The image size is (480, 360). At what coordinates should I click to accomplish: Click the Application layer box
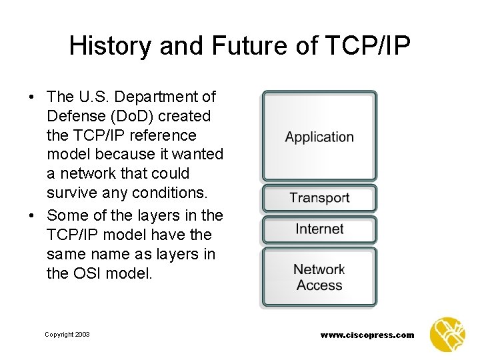coord(319,137)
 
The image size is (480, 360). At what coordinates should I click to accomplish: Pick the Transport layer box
coord(319,198)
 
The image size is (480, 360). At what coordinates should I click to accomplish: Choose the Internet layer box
coord(319,229)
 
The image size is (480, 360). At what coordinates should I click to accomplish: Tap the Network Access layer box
coord(319,277)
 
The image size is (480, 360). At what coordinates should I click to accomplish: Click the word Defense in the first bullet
coord(74,116)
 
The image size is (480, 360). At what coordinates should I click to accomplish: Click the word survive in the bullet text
coord(71,193)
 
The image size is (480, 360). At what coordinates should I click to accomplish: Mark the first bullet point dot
coord(32,97)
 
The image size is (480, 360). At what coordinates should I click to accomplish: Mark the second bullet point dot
coord(32,216)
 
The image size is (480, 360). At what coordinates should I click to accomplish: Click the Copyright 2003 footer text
coord(67,335)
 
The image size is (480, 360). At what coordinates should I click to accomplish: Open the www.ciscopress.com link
coord(367,335)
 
